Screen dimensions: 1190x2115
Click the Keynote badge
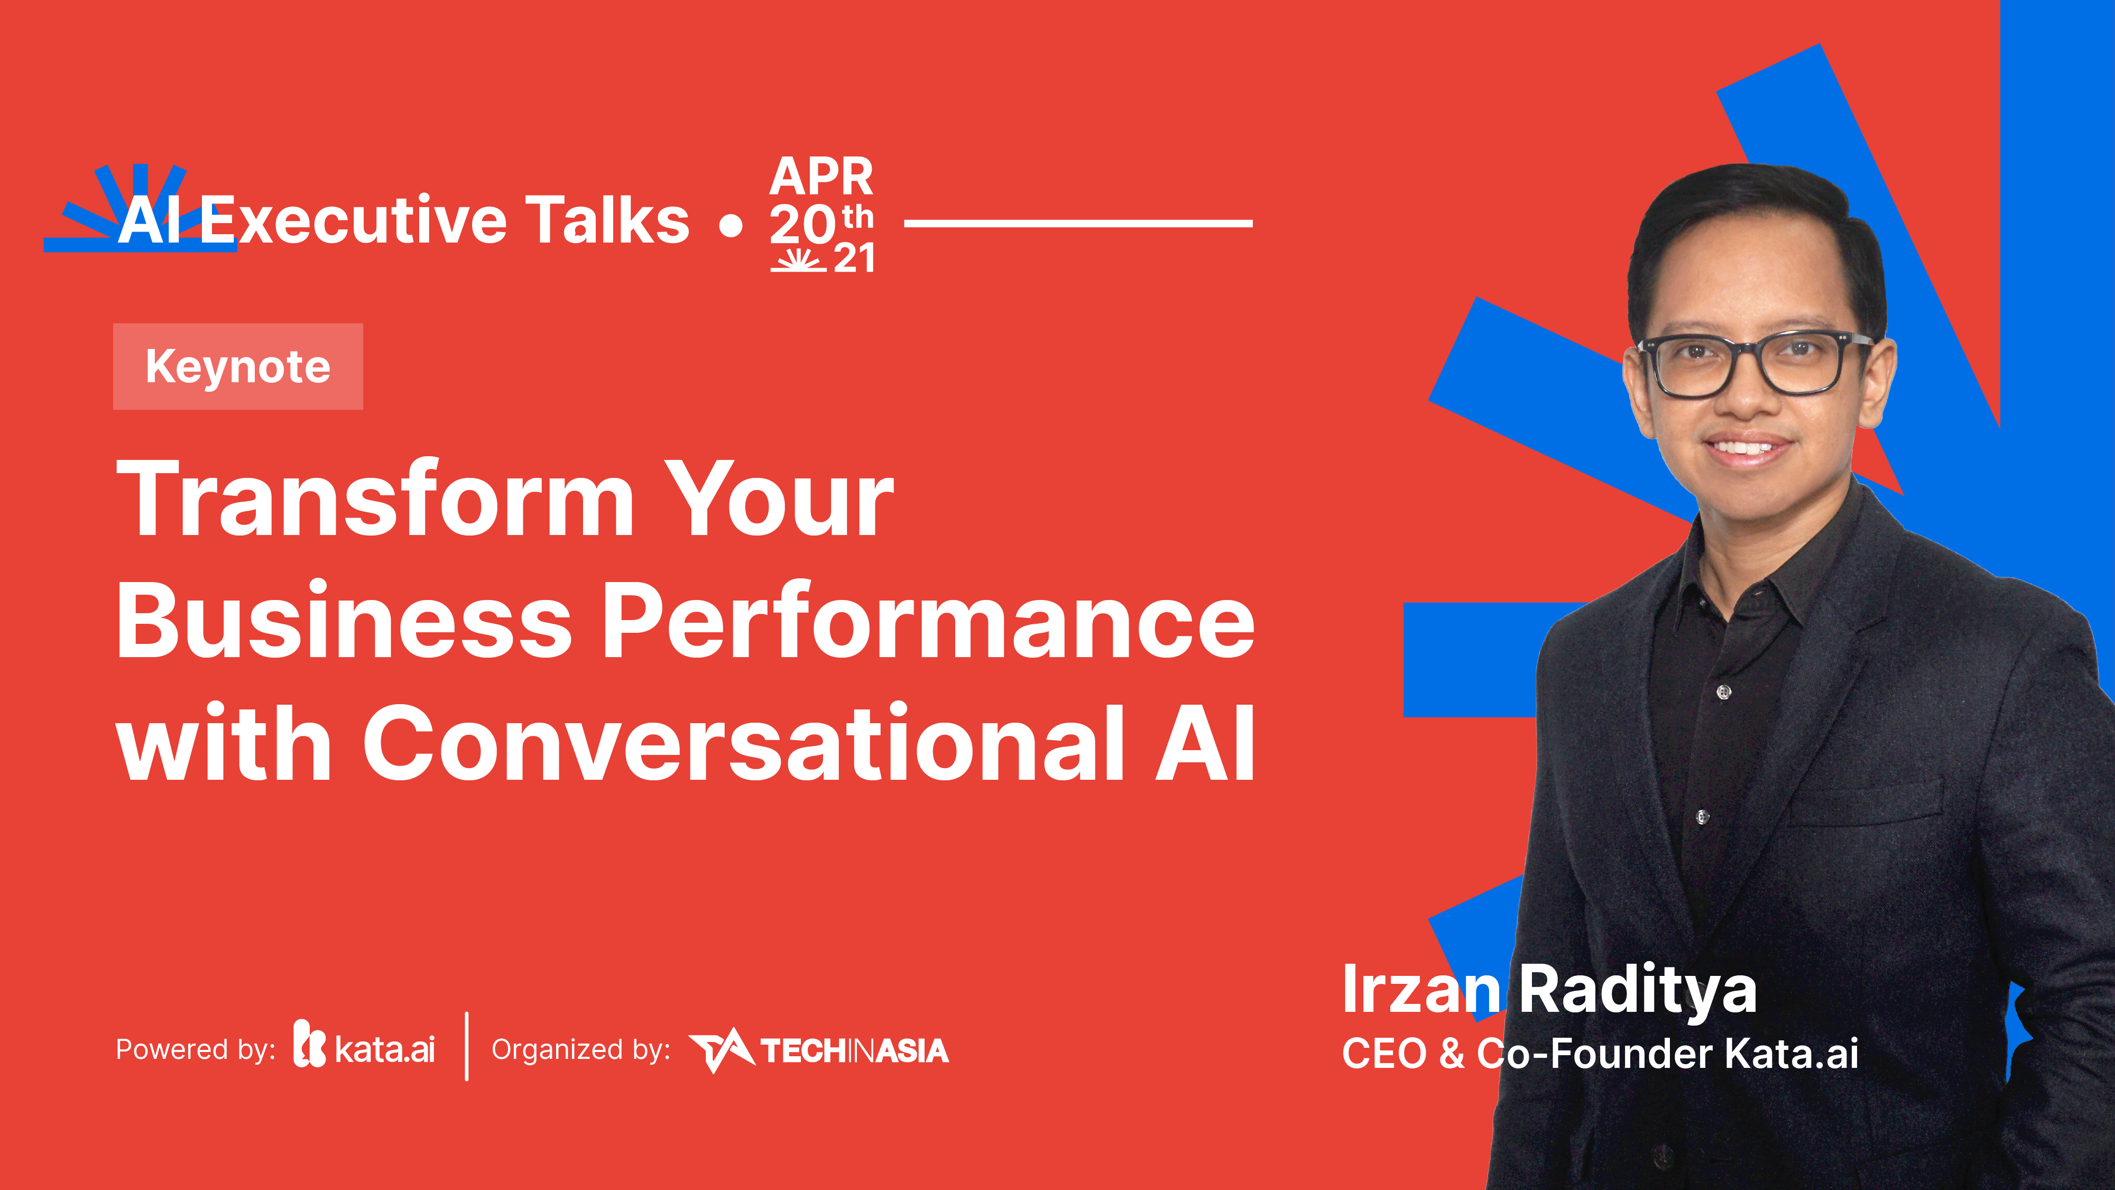pos(238,366)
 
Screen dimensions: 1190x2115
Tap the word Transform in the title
pos(374,500)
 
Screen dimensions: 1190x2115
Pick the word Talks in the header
pos(607,220)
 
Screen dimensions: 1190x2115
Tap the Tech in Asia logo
pos(819,1050)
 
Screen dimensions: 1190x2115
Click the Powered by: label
pos(196,1049)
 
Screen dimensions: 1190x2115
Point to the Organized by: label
pos(580,1049)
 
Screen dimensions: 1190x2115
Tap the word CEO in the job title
pos(1384,1054)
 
